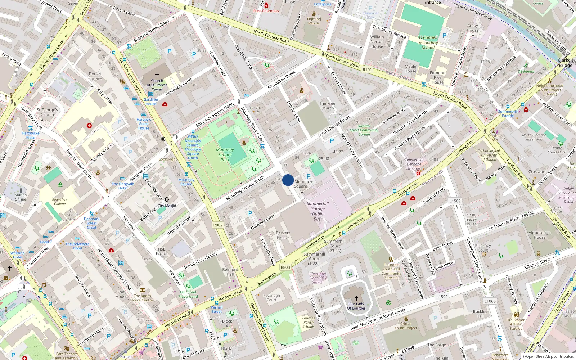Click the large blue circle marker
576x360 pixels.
pos(288,180)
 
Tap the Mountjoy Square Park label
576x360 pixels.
pos(225,155)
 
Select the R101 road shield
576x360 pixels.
pos(367,70)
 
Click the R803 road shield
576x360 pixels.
pos(285,267)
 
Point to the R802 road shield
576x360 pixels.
pos(218,225)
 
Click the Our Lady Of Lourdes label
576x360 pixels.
pos(356,306)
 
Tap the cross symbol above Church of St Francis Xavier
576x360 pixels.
pos(157,75)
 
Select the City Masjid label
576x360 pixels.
pos(167,206)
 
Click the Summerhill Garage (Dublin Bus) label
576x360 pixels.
pos(318,211)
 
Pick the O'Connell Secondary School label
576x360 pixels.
pos(428,42)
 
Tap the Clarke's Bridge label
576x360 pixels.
pos(566,63)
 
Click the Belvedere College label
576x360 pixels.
pos(60,202)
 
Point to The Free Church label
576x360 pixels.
pos(327,106)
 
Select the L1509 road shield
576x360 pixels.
pos(455,201)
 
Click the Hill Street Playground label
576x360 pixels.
pos(188,294)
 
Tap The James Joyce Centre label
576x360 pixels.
pos(142,298)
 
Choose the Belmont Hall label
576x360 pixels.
pos(230,272)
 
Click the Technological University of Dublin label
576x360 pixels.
pos(489,155)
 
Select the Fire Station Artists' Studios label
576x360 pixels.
pos(516,324)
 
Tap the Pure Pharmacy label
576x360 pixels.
pos(266,11)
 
